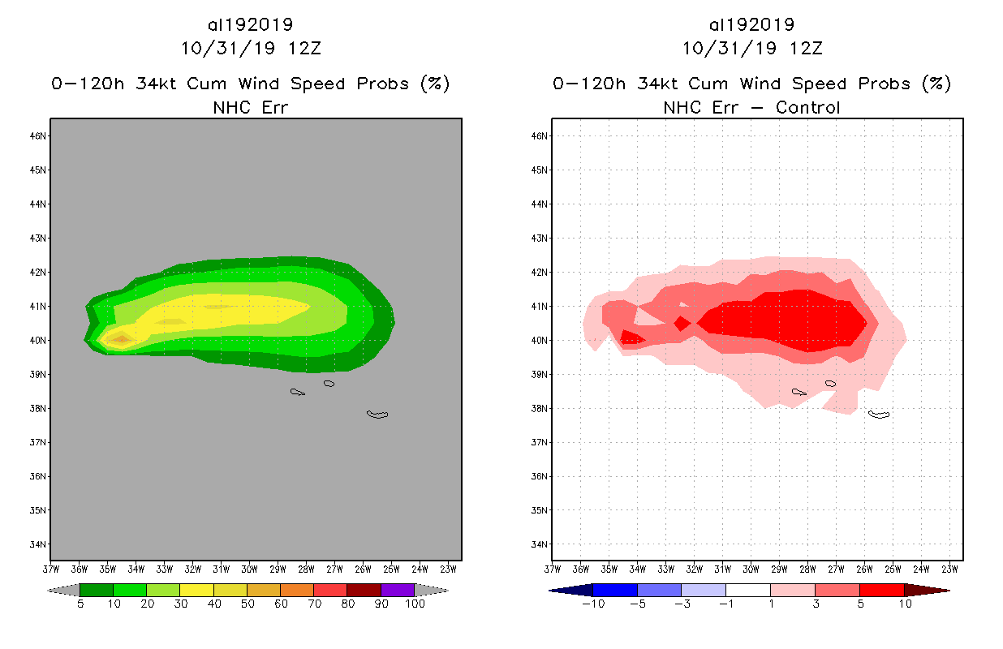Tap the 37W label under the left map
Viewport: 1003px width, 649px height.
pyautogui.click(x=51, y=569)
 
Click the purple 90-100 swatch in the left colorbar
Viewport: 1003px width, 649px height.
pyautogui.click(x=398, y=591)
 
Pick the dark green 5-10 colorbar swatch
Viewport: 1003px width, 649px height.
pyautogui.click(x=97, y=591)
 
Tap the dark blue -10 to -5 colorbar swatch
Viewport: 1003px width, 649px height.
pyautogui.click(x=615, y=591)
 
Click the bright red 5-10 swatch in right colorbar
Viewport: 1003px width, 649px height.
pyautogui.click(x=881, y=591)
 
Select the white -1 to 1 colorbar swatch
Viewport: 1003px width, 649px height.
pyautogui.click(x=748, y=591)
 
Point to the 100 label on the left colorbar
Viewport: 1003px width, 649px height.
pyautogui.click(x=415, y=604)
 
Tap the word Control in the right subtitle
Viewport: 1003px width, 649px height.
pyautogui.click(x=808, y=108)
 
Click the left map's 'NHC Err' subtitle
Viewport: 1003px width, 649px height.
pyautogui.click(x=251, y=108)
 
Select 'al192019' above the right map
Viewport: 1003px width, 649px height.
pyautogui.click(x=752, y=25)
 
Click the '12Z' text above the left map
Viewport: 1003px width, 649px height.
pyautogui.click(x=304, y=48)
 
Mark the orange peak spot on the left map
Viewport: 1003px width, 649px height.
pyautogui.click(x=121, y=339)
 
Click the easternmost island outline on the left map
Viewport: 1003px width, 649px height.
pyautogui.click(x=377, y=415)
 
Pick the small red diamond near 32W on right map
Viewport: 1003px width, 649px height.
pyautogui.click(x=682, y=323)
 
